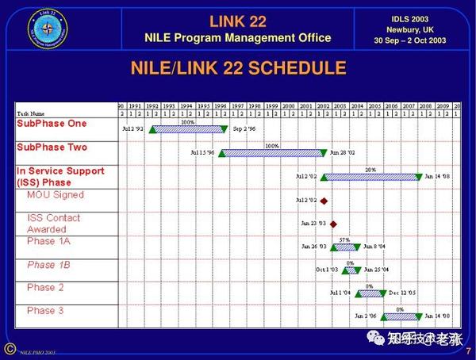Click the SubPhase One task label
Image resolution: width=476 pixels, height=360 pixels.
click(x=52, y=124)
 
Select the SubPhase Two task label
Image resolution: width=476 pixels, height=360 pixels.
click(x=52, y=147)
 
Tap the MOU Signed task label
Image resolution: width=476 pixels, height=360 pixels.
click(x=56, y=195)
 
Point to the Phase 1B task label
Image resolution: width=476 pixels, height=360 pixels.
click(x=49, y=265)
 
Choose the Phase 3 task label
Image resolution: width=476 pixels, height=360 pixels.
click(x=45, y=311)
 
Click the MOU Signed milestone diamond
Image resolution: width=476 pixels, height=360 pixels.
click(x=324, y=201)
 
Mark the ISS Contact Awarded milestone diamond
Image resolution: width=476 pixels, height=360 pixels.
click(x=333, y=224)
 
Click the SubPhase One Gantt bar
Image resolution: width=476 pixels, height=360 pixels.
click(x=188, y=128)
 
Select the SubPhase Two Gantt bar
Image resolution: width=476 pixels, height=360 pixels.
click(x=272, y=152)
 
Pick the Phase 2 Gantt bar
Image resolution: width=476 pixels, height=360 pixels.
click(x=370, y=293)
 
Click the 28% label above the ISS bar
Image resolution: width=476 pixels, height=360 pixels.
click(x=370, y=170)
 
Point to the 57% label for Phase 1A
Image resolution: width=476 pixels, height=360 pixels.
click(x=344, y=239)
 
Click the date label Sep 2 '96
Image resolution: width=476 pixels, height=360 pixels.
click(x=244, y=128)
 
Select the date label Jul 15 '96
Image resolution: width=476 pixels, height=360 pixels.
click(x=202, y=152)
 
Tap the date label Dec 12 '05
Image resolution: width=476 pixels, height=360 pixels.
click(x=402, y=293)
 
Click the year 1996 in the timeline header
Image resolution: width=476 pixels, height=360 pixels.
click(x=220, y=105)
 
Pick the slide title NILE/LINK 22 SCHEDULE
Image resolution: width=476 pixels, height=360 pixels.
click(x=238, y=68)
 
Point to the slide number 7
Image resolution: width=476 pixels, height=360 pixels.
click(x=467, y=350)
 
